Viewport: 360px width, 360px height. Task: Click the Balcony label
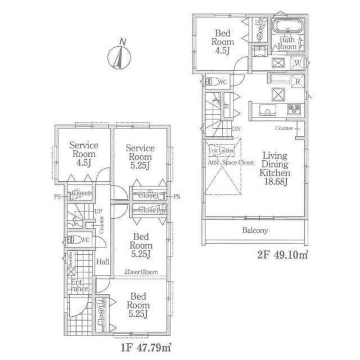(255, 231)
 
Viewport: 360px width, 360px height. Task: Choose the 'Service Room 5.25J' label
(140, 157)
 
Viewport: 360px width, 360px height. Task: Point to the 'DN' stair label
(236, 129)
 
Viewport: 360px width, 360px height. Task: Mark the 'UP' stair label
(97, 211)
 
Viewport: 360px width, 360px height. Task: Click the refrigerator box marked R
(298, 81)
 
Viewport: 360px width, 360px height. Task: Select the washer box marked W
(298, 63)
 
